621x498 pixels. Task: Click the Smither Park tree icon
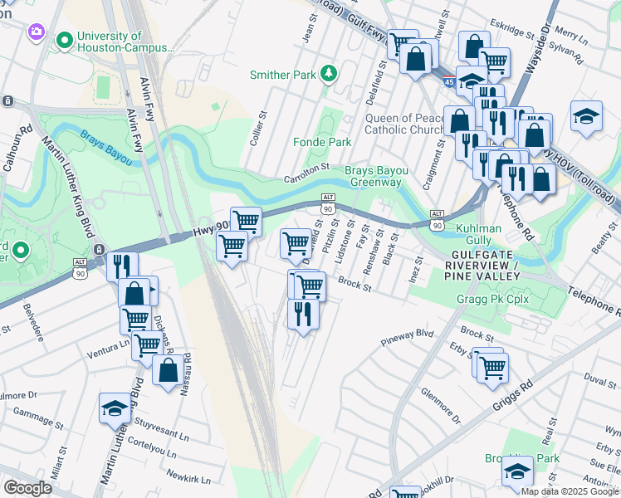(x=330, y=75)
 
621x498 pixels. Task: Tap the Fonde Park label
(x=322, y=142)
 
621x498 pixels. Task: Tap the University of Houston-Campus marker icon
(x=63, y=39)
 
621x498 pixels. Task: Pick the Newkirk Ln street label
(x=188, y=478)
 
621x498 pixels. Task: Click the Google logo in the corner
(x=27, y=487)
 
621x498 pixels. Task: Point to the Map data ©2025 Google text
(x=570, y=491)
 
